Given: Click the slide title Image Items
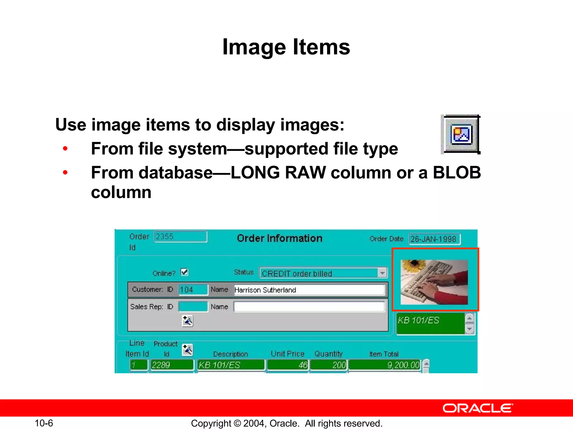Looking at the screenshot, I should [x=286, y=47].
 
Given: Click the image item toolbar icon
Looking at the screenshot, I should [x=461, y=135].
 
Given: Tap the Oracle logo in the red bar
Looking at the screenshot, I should [x=478, y=408].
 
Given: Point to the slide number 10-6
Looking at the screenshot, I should [x=44, y=423].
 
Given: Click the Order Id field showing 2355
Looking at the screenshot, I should [x=180, y=237].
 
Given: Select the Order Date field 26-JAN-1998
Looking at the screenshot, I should [x=434, y=239].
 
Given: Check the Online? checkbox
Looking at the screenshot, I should [x=184, y=272].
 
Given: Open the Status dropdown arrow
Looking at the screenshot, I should [x=382, y=273].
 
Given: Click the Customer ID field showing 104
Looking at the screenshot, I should [x=193, y=289].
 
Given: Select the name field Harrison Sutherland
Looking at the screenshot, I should [x=309, y=290].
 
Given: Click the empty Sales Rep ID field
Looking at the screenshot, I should [x=193, y=307].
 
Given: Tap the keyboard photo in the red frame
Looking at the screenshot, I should [x=434, y=282].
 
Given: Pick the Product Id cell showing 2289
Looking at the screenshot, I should [x=172, y=365].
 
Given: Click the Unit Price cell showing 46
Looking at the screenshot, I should [x=288, y=365].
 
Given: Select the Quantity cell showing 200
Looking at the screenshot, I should [x=329, y=365].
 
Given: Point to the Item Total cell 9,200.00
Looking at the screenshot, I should [x=384, y=365].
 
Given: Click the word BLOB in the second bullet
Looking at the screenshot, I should [x=457, y=172].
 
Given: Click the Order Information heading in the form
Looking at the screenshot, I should [x=280, y=238].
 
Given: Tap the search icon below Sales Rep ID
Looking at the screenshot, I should [x=187, y=321].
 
